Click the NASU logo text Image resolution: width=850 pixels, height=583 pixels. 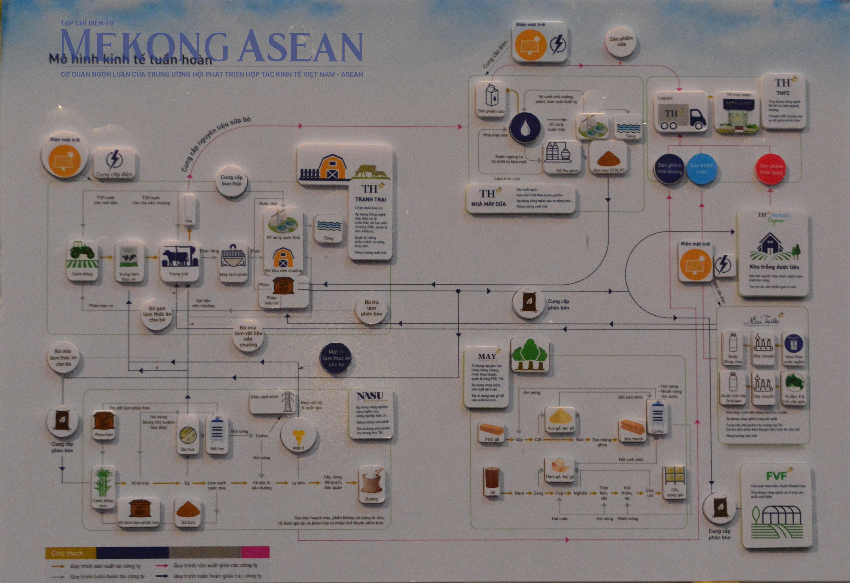[370, 396]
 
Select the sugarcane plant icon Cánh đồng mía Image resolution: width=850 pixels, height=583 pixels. [103, 483]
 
